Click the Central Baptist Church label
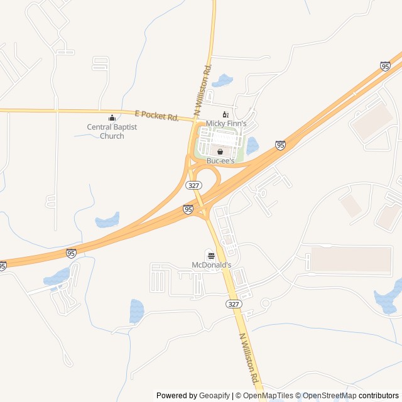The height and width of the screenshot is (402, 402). [x=112, y=132]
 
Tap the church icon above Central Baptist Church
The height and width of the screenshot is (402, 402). [x=112, y=117]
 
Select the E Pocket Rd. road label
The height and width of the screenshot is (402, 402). [x=157, y=116]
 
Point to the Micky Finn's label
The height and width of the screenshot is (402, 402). [x=226, y=124]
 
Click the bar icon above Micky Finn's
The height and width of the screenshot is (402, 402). [x=225, y=114]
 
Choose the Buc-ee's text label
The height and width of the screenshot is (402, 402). [x=220, y=161]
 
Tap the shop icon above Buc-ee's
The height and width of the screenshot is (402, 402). [x=220, y=151]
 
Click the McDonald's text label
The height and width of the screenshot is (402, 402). [x=211, y=265]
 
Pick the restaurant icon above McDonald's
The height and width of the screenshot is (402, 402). [x=210, y=256]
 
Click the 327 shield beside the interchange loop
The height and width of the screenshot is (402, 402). [x=192, y=185]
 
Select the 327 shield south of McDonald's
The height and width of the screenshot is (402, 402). [x=234, y=303]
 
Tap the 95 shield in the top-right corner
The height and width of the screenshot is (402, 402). [x=385, y=66]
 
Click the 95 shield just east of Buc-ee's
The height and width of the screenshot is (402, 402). [x=280, y=145]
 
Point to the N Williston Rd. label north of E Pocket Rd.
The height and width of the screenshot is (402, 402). [x=202, y=88]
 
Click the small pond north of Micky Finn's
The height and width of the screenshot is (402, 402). [x=222, y=80]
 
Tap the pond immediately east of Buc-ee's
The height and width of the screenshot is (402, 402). [x=253, y=146]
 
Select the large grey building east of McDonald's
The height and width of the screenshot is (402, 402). [x=351, y=259]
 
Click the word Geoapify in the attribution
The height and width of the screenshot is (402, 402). [x=215, y=396]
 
